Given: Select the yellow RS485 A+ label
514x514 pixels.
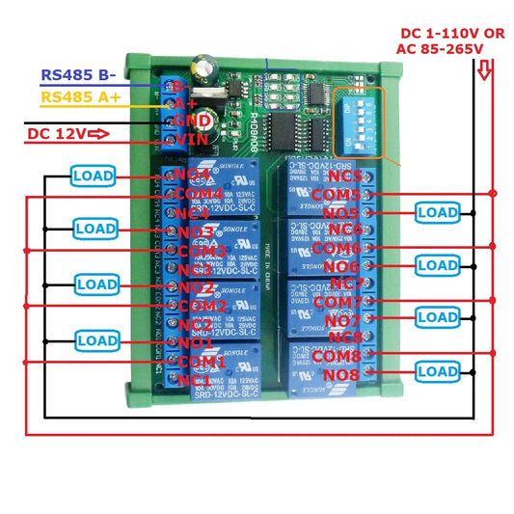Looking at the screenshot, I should (x=82, y=96).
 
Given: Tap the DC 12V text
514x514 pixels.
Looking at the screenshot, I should (x=55, y=134).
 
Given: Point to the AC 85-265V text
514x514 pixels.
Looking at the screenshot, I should (x=452, y=49).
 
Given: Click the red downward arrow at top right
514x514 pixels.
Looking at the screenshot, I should (x=486, y=68).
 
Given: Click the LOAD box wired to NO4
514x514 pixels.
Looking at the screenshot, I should (x=93, y=176).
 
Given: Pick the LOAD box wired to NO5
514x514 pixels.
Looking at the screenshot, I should (x=437, y=211).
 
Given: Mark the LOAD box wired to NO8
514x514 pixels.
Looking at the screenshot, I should (x=437, y=371).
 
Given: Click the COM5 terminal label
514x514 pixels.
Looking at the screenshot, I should (x=337, y=195).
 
